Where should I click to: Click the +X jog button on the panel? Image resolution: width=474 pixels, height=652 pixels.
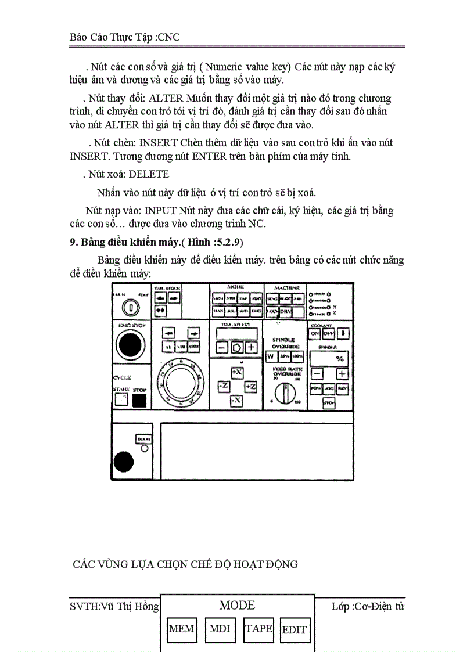click(x=236, y=372)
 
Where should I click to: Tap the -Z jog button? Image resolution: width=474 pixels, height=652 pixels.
click(x=223, y=386)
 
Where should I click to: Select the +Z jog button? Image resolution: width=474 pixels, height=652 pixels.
click(x=250, y=386)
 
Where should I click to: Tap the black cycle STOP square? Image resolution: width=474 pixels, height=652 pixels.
click(x=139, y=400)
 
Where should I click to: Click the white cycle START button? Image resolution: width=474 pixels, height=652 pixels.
click(x=121, y=399)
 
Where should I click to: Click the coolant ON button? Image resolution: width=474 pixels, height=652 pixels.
click(x=315, y=333)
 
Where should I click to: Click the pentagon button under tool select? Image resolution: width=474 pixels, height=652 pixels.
click(x=237, y=348)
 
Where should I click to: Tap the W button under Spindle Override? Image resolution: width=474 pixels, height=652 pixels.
click(x=270, y=356)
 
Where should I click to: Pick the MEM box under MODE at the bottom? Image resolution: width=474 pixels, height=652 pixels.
click(x=181, y=629)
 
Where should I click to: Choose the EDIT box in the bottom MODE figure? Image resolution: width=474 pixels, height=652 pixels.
click(x=295, y=630)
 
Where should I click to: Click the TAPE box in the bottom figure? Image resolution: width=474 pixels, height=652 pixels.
click(x=258, y=629)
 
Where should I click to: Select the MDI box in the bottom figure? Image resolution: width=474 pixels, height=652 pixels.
click(x=220, y=629)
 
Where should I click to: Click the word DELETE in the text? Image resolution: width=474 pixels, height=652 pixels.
click(x=149, y=174)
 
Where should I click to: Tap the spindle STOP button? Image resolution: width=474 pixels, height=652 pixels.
click(x=329, y=402)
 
